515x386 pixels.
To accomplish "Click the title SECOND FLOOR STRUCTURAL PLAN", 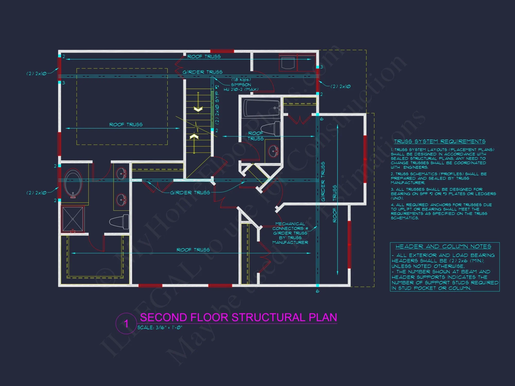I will click(238, 317).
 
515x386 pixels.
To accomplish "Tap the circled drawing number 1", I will click(126, 323).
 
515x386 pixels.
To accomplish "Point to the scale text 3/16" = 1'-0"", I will click(160, 328).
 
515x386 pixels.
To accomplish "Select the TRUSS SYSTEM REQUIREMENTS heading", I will click(440, 142).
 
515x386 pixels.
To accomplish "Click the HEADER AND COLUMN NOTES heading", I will click(443, 247).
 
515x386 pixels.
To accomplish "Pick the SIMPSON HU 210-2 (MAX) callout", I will click(241, 87).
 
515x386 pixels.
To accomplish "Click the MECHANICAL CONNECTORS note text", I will click(290, 233).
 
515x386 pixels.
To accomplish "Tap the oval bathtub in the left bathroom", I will click(73, 183).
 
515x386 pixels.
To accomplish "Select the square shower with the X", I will click(73, 219).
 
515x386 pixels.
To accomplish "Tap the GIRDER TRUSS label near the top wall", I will click(202, 72).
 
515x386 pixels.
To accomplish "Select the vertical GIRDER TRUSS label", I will click(323, 181).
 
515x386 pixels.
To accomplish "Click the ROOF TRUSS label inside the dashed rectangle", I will click(126, 125).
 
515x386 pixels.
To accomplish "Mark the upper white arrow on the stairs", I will click(198, 109).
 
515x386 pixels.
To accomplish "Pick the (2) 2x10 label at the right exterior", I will click(340, 86).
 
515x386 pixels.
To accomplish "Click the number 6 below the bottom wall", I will click(317, 291).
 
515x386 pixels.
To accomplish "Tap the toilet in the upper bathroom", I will click(271, 128).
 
